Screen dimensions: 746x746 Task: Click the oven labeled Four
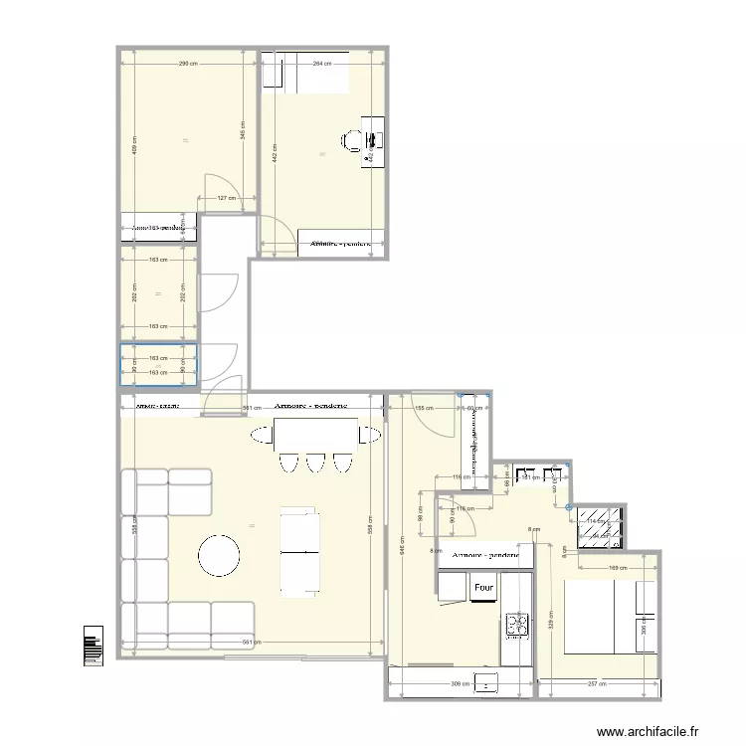pos(484,588)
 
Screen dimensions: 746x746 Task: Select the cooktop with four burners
pos(518,624)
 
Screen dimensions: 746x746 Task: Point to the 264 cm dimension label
pos(321,64)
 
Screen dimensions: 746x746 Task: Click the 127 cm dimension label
pos(227,199)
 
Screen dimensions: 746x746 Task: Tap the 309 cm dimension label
pos(459,685)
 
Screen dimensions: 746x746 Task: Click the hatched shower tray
pos(601,528)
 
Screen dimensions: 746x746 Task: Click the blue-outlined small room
pos(158,364)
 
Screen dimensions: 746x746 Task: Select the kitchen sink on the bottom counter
pos(488,682)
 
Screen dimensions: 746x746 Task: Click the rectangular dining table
pos(315,434)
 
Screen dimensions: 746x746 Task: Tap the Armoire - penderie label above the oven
pos(486,555)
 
